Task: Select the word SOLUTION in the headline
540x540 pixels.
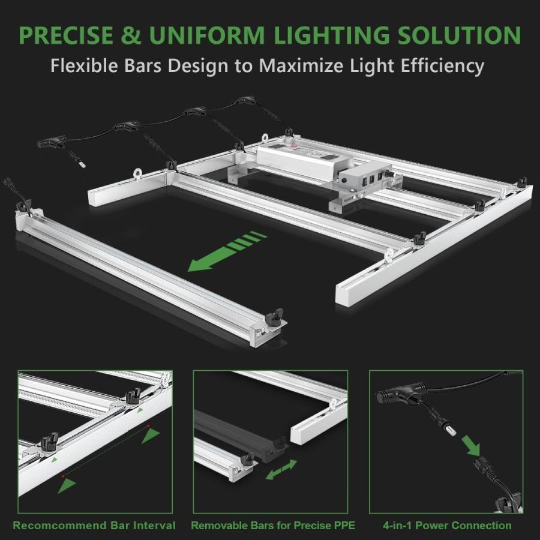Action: tap(460, 35)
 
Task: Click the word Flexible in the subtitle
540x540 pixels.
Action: tap(85, 65)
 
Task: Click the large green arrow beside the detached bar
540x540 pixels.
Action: tap(227, 251)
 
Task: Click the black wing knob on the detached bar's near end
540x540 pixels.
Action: tap(274, 317)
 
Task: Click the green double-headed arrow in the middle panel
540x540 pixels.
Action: tap(281, 469)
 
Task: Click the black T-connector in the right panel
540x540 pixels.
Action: tap(401, 394)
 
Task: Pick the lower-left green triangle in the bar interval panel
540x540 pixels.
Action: tap(66, 485)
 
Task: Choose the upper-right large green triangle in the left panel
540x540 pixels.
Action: tap(151, 436)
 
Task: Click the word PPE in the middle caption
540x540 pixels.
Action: tap(344, 525)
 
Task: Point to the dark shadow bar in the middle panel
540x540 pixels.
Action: tap(241, 436)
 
